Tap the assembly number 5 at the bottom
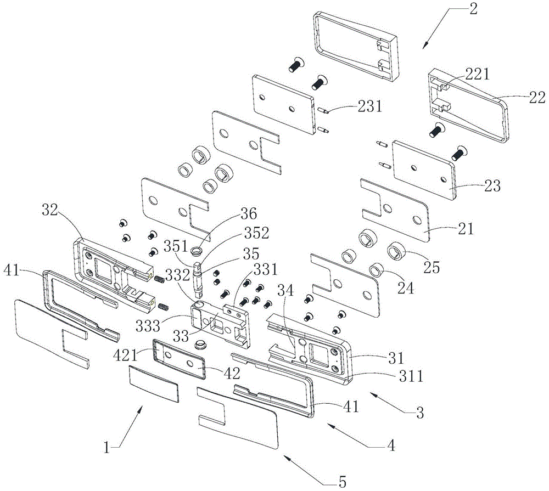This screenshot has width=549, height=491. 343,482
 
